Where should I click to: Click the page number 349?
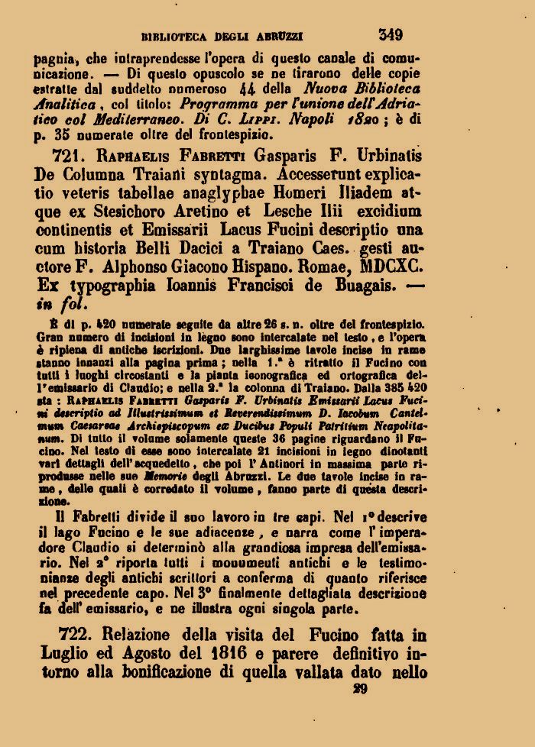click(x=390, y=34)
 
